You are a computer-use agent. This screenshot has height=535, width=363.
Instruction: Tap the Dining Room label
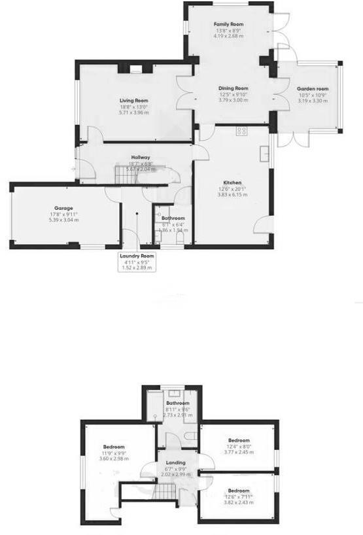tap(233, 88)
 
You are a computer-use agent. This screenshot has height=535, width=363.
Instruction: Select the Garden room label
tap(313, 88)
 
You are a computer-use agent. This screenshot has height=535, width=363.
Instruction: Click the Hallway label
tap(140, 157)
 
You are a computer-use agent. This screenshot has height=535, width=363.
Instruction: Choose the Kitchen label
tap(232, 182)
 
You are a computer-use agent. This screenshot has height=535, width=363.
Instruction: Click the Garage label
tap(63, 207)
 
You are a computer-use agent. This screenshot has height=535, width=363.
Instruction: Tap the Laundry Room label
tap(136, 256)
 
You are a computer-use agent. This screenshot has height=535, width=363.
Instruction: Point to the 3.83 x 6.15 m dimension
tap(232, 195)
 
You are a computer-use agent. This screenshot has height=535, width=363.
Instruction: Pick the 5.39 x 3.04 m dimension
tap(63, 220)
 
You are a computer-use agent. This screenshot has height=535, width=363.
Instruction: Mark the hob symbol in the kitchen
tap(241, 131)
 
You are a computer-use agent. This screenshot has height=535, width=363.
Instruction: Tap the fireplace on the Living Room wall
tap(136, 67)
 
